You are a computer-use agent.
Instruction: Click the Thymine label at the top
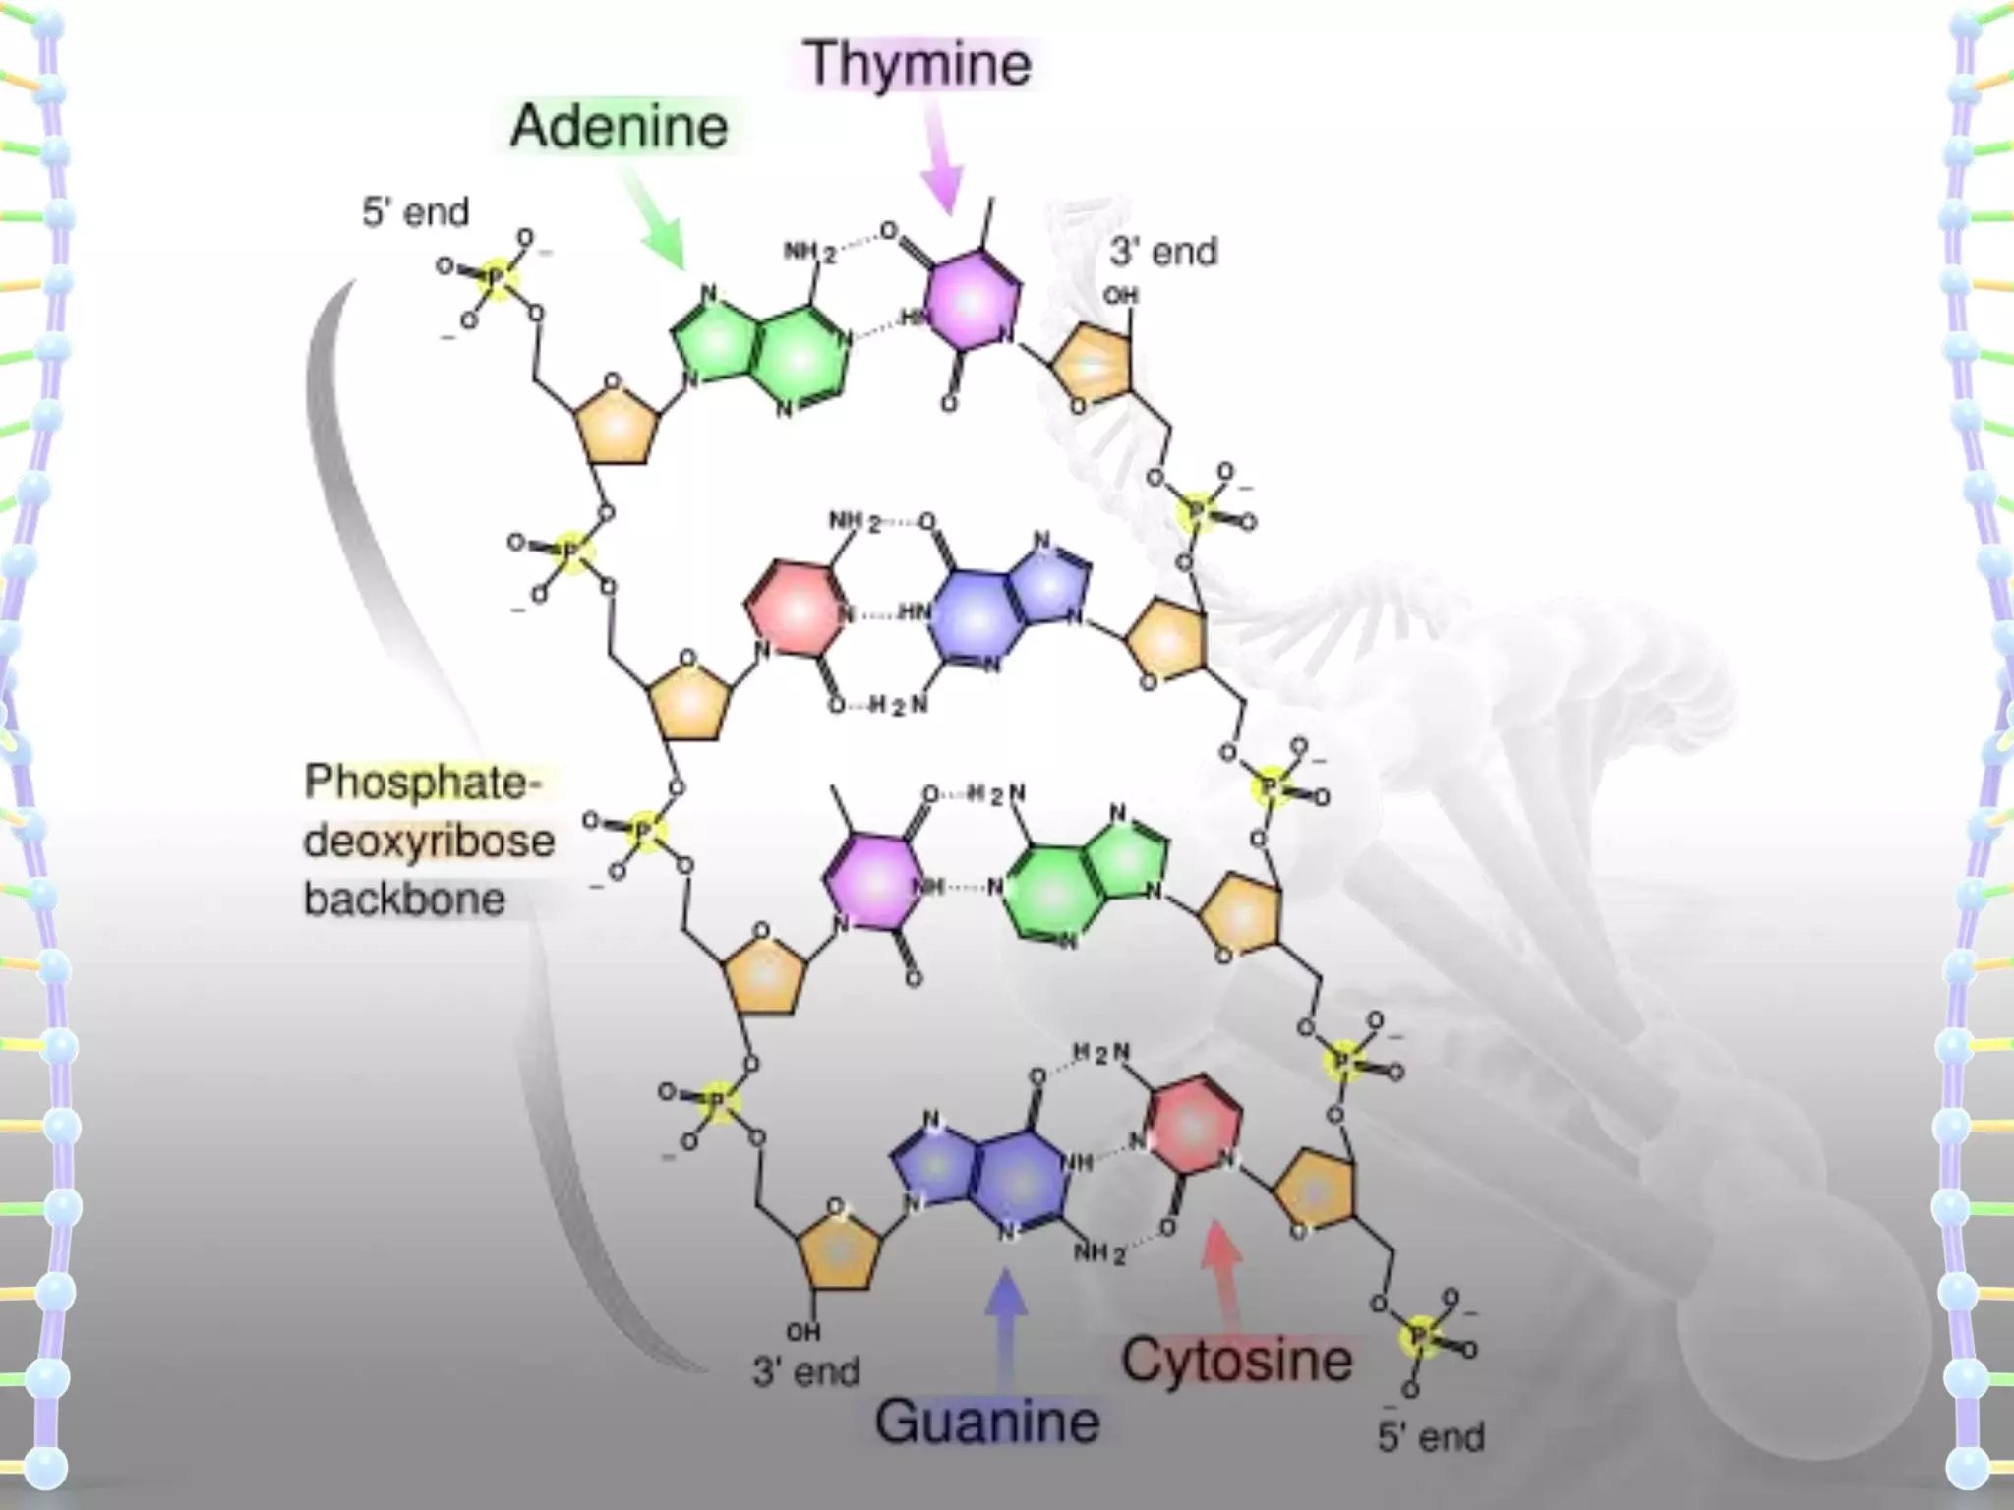tap(918, 64)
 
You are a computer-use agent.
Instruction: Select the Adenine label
tap(619, 127)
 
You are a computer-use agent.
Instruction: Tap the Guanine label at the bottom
tap(987, 1422)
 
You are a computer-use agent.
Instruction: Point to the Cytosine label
tap(1237, 1361)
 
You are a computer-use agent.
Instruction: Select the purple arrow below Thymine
tap(941, 157)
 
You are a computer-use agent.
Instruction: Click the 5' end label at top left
tap(415, 212)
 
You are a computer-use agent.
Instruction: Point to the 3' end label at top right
tap(1163, 252)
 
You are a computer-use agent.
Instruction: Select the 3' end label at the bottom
tap(806, 1371)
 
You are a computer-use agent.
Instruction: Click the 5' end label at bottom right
tap(1431, 1436)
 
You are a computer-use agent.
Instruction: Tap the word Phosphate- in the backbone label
tap(423, 783)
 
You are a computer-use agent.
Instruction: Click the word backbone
tap(404, 900)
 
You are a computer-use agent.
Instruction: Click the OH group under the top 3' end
tap(1120, 295)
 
